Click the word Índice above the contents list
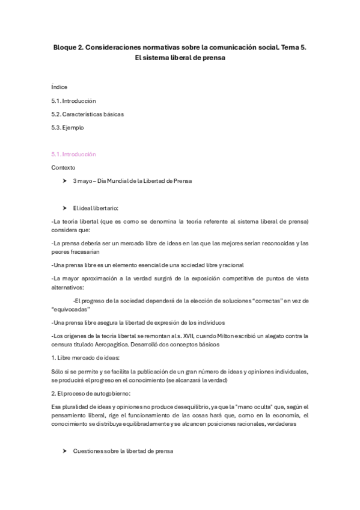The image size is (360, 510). tap(59, 87)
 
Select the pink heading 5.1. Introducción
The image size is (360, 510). tap(73, 154)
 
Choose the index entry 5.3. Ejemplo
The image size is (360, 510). tap(67, 127)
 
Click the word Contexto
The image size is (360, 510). tap(64, 167)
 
